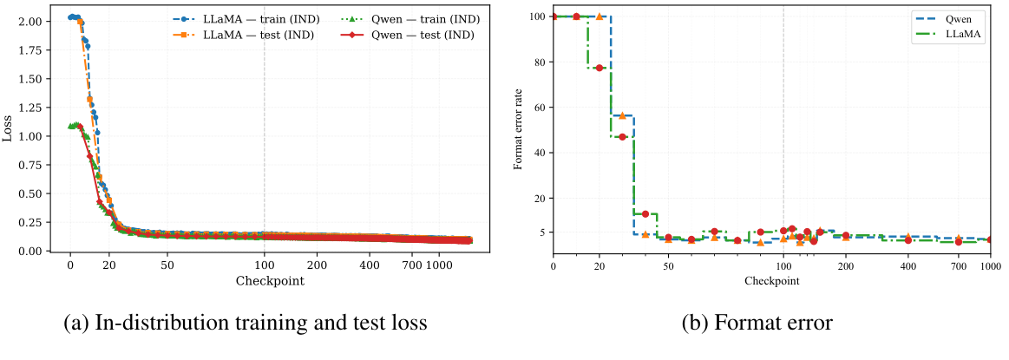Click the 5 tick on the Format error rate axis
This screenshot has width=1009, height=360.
(541, 232)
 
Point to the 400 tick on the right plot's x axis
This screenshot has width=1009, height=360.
(908, 265)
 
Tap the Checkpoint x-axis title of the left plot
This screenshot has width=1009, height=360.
(269, 280)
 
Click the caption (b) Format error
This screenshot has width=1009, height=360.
(757, 324)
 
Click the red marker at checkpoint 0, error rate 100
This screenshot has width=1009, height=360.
(554, 16)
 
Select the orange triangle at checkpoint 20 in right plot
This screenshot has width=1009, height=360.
(600, 16)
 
